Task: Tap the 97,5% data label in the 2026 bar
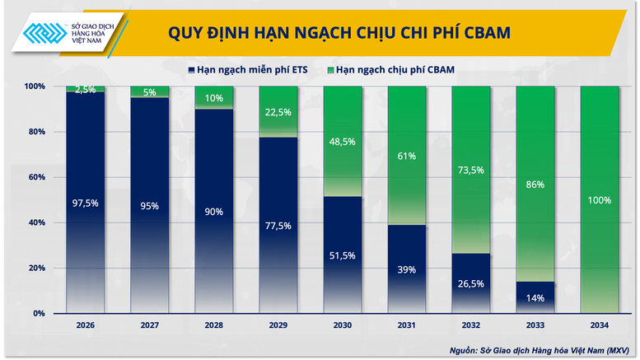[86, 203]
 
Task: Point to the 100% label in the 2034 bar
[600, 200]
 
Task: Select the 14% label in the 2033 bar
[535, 299]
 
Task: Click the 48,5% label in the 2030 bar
[343, 142]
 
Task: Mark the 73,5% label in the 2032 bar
[471, 170]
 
